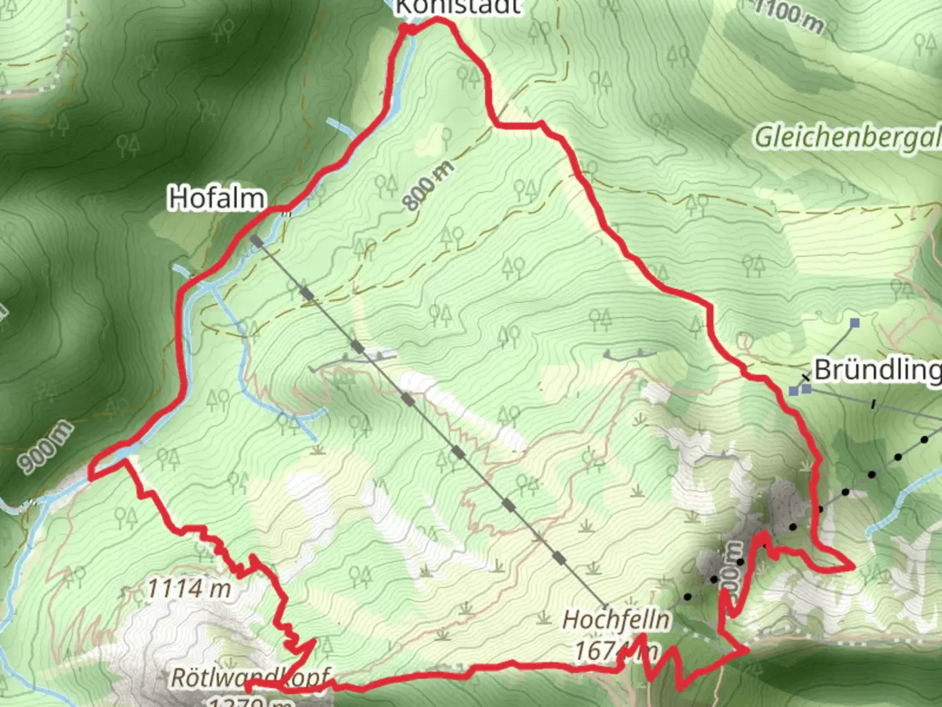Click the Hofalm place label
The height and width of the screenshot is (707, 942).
217,198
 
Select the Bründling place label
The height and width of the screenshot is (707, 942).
877,370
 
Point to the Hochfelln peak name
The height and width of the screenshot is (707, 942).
616,620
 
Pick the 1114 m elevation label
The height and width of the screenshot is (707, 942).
189,589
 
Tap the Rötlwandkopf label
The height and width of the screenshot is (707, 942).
250,678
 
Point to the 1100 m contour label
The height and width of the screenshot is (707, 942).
788,16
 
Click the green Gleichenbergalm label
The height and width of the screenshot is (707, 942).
847,137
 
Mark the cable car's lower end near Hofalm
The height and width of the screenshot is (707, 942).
256,241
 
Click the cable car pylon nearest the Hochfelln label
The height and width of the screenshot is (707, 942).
559,558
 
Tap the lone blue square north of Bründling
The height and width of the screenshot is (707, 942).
854,323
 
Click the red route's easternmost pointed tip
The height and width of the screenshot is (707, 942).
852,568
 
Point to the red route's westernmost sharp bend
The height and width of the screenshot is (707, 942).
90,471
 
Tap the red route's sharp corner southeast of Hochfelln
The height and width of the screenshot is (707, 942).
746,650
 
